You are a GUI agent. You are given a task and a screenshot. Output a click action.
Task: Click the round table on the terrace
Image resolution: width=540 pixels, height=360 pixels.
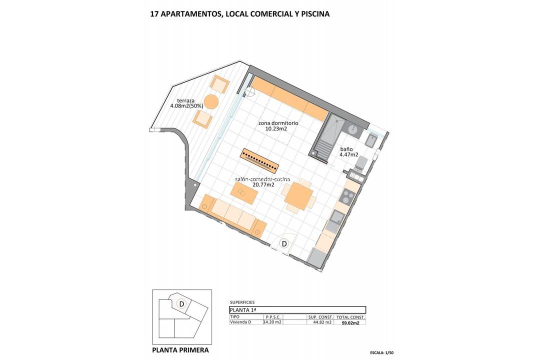(x=211, y=101)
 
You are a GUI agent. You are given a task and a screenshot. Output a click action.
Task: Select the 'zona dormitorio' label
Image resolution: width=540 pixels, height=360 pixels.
(x=278, y=123)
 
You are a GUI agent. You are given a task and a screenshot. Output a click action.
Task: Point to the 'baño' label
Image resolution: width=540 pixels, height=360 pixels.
(x=346, y=148)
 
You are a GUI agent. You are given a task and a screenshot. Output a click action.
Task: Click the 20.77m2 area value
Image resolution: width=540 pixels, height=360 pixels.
(x=263, y=184)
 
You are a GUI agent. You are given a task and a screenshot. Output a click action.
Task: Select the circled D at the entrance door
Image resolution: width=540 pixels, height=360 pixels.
(x=284, y=244)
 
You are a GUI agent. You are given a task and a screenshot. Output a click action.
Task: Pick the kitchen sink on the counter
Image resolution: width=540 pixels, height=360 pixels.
(x=336, y=217)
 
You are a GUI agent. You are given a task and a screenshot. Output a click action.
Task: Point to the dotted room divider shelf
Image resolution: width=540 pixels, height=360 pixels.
(x=259, y=159)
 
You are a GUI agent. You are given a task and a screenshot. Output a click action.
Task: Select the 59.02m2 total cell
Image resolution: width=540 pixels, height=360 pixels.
(x=350, y=322)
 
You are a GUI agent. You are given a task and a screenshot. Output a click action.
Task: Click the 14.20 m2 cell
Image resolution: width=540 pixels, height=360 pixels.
(x=273, y=322)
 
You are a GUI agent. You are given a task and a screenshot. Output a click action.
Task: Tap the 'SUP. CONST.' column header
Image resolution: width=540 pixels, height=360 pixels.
(x=320, y=317)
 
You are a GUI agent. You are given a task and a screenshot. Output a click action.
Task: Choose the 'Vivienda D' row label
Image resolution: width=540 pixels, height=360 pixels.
(x=240, y=322)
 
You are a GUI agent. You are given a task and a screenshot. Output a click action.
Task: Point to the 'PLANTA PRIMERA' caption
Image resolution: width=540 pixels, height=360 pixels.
(x=180, y=350)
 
